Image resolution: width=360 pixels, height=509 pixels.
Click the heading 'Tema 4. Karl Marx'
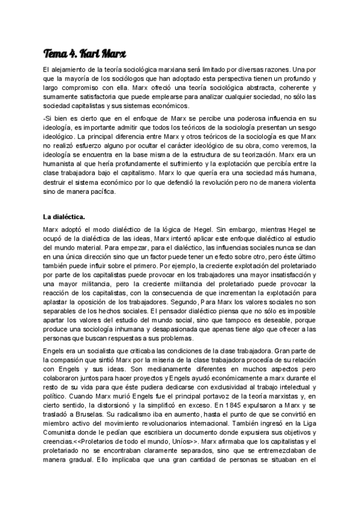(84, 53)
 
